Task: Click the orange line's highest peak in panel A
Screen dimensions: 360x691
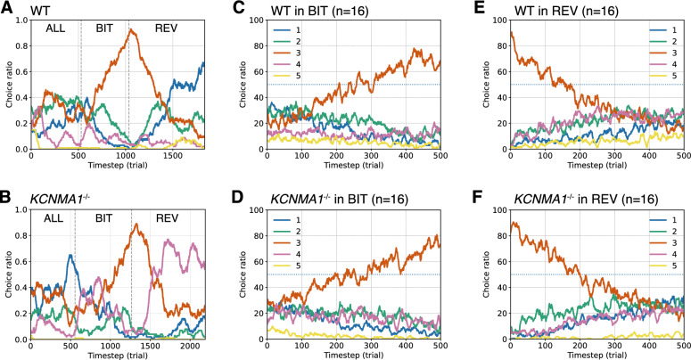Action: (132, 29)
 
